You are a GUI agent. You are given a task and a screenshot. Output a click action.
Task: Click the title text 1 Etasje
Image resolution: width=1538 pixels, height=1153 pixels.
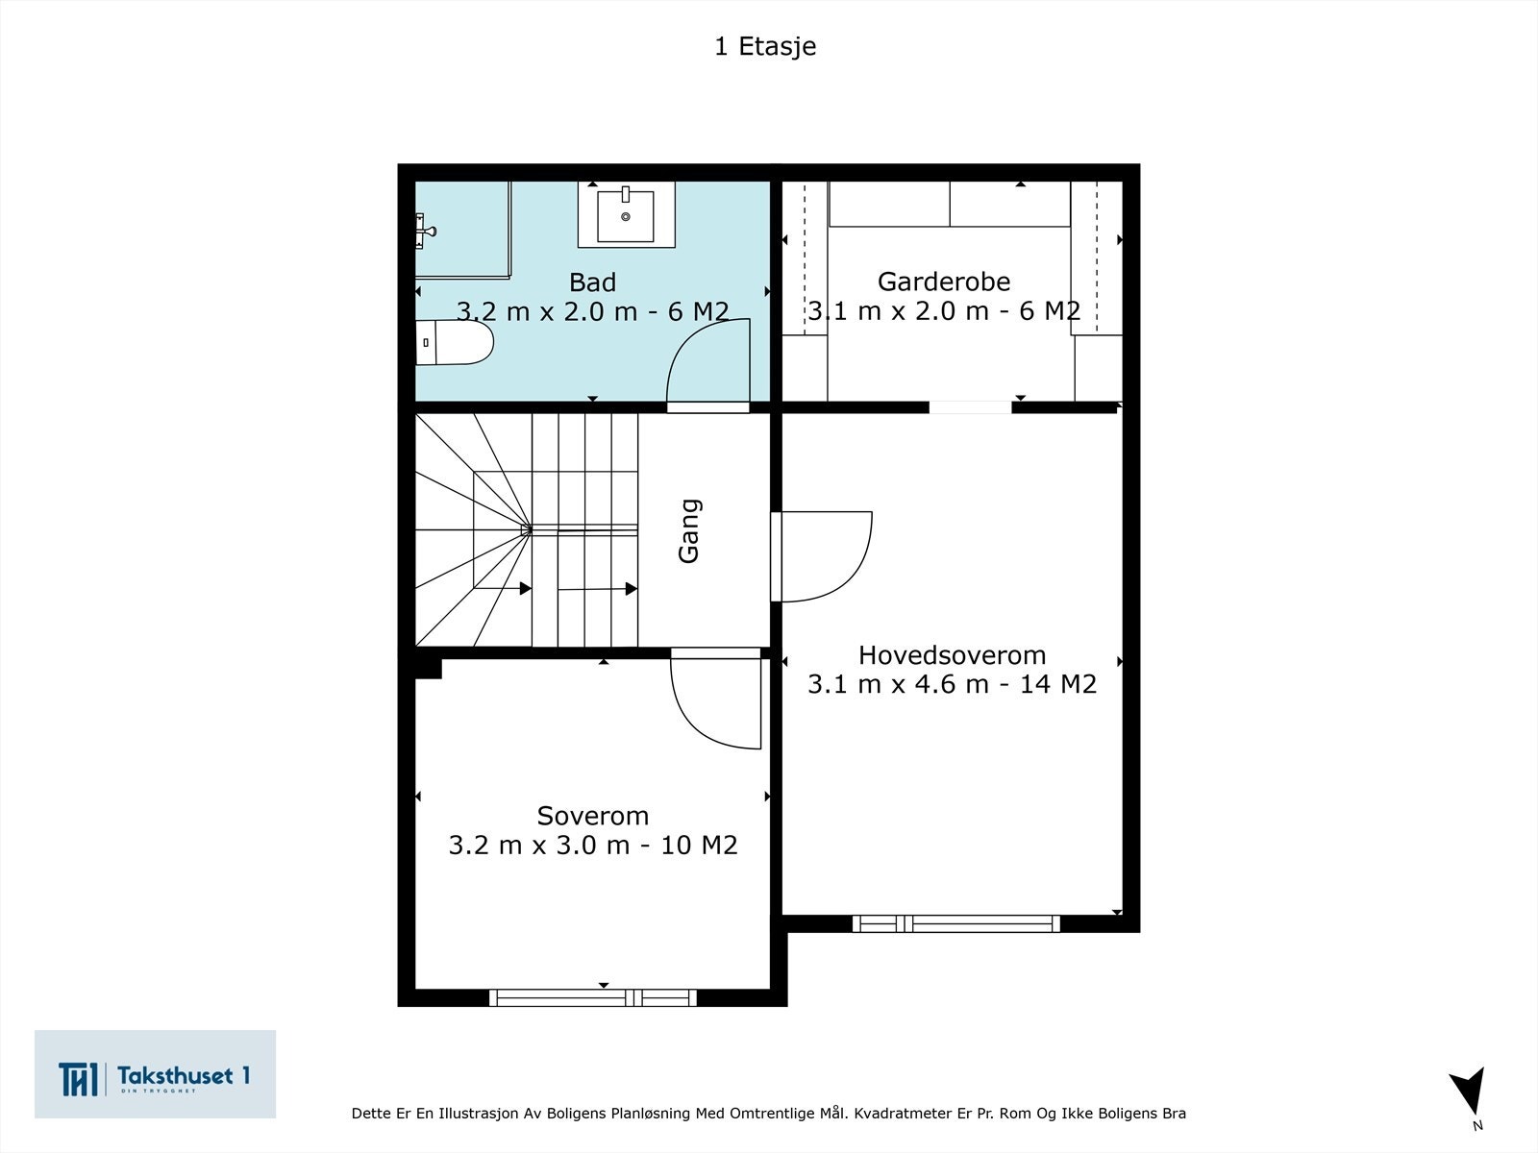pos(765,46)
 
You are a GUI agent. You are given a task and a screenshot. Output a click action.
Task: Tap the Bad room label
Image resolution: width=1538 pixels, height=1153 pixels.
pos(592,282)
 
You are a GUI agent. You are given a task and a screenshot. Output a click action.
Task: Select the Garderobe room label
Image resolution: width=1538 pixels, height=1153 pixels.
pos(944,282)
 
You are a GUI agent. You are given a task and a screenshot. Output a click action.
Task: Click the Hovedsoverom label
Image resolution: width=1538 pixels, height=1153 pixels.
pos(952,655)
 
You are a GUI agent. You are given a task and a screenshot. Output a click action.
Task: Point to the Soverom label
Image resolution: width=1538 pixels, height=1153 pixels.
pos(592,816)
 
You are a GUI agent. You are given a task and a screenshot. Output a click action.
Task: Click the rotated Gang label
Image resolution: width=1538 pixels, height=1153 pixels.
pos(689,530)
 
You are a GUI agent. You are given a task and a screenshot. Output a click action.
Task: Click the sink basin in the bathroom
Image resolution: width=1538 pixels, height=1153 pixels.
pos(626,215)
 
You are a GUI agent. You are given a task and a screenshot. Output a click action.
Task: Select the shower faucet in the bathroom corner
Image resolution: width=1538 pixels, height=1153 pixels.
pos(425,230)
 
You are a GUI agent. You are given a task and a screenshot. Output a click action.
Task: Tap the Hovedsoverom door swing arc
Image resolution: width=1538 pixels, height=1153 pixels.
pos(825,557)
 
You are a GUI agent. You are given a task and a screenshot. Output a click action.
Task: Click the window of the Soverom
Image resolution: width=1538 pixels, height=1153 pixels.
pos(593,997)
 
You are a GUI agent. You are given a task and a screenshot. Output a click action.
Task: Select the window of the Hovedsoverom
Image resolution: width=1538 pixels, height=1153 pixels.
pos(955,923)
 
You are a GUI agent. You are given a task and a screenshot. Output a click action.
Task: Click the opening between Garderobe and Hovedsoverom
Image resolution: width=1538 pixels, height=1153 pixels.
pos(970,407)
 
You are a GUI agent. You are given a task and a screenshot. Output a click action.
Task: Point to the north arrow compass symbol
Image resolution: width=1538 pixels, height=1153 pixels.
pos(1470,1093)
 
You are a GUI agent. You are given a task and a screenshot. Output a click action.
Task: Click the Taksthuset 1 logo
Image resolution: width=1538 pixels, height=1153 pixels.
pos(155,1075)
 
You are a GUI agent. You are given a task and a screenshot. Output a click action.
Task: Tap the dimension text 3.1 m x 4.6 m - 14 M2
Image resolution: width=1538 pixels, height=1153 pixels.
pos(952,685)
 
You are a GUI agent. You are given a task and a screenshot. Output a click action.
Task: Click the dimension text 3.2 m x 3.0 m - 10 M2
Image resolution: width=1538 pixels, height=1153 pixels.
pos(592,846)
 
